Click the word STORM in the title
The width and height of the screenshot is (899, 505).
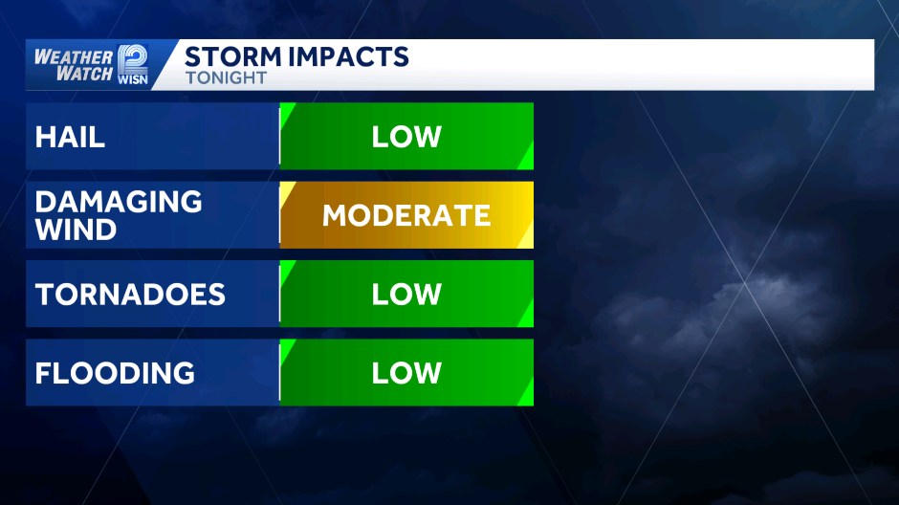[x=233, y=56]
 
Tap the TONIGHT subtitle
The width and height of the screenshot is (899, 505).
[x=227, y=78]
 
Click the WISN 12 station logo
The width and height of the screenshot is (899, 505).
[x=132, y=65]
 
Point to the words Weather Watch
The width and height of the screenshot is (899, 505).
[x=74, y=65]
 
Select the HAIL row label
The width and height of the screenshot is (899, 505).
[x=70, y=137]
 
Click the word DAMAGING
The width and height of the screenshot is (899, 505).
[x=119, y=202]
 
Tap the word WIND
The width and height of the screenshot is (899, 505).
[x=76, y=230]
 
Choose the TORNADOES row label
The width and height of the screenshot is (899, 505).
[x=130, y=295]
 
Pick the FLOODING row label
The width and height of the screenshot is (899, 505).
[x=115, y=373]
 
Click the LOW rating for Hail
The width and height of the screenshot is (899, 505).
[x=406, y=137]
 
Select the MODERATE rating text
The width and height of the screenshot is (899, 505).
[x=406, y=215]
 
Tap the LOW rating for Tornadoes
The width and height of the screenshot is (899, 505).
[x=406, y=295]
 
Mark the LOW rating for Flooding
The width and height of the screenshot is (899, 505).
[x=406, y=373]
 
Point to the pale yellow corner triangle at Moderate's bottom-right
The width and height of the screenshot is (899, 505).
[x=528, y=239]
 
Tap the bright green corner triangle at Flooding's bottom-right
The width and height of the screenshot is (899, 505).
[x=528, y=397]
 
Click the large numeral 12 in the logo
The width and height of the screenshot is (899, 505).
[x=132, y=59]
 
